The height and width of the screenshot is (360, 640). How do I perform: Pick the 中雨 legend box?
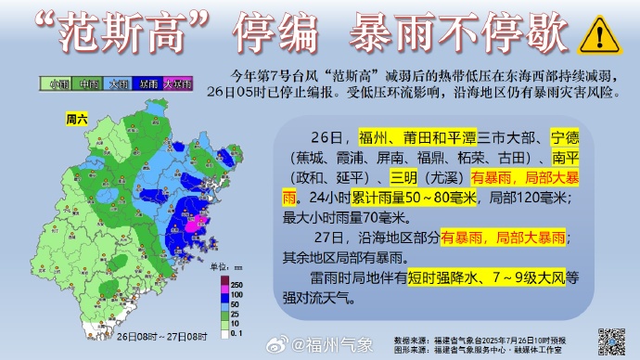point(89,84)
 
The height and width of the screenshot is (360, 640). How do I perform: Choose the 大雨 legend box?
point(119,84)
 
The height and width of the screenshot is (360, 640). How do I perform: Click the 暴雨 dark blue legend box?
point(148,84)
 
